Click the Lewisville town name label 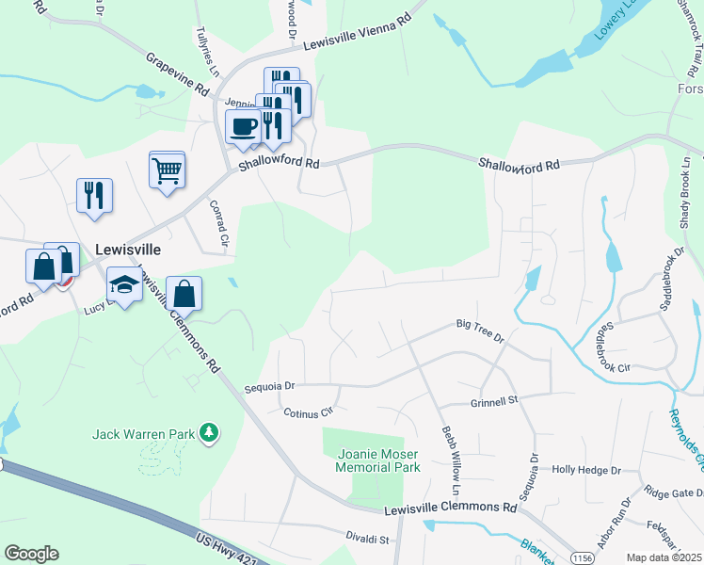coord(128,250)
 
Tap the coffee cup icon coord(245,127)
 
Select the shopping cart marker coord(167,171)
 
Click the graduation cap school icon coord(124,283)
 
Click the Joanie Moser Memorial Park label coord(377,460)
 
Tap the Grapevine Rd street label coord(177,73)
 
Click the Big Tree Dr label coord(480,329)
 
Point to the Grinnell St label coord(494,401)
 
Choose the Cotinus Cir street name coord(309,412)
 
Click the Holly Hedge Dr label coord(586,469)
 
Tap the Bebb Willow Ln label coord(450,460)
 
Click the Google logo coord(31,554)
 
